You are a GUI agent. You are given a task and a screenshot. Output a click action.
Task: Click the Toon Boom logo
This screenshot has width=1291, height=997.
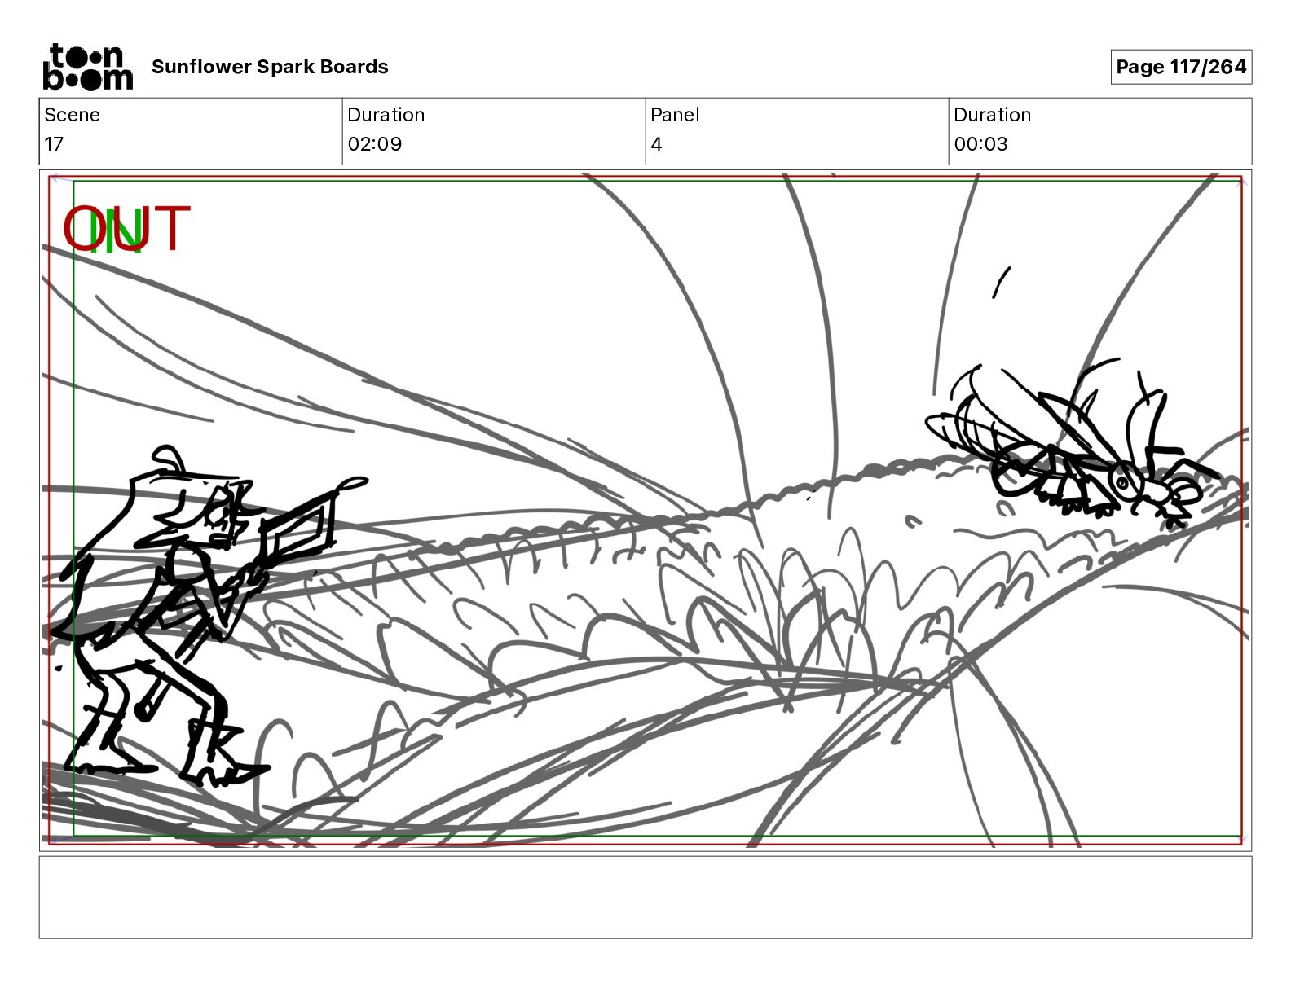pyautogui.click(x=88, y=67)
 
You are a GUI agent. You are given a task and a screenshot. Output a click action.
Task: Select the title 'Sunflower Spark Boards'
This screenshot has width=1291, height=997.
pyautogui.click(x=270, y=67)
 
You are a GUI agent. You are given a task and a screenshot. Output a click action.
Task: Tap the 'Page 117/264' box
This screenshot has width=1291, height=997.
pyautogui.click(x=1180, y=67)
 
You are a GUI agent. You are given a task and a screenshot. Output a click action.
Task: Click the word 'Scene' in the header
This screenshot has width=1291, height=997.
pyautogui.click(x=72, y=115)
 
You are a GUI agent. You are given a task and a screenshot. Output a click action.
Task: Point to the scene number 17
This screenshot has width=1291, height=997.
pyautogui.click(x=54, y=143)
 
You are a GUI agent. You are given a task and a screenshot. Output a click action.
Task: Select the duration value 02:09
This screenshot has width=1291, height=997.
pyautogui.click(x=375, y=143)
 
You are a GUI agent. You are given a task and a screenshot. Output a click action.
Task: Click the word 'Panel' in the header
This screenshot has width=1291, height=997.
pyautogui.click(x=675, y=115)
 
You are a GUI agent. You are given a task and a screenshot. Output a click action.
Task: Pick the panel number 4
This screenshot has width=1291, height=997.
pyautogui.click(x=656, y=143)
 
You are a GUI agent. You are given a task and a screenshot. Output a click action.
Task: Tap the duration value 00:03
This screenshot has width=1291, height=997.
pyautogui.click(x=980, y=143)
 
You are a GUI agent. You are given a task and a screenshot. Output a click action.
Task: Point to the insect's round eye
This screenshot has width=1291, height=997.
pyautogui.click(x=1121, y=481)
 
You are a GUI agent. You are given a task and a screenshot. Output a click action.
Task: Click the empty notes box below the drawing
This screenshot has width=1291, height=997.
pyautogui.click(x=645, y=898)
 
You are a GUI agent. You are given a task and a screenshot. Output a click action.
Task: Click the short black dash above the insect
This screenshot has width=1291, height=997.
pyautogui.click(x=1001, y=282)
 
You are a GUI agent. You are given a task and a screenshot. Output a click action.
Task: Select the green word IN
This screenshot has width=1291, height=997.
pyautogui.click(x=117, y=231)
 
